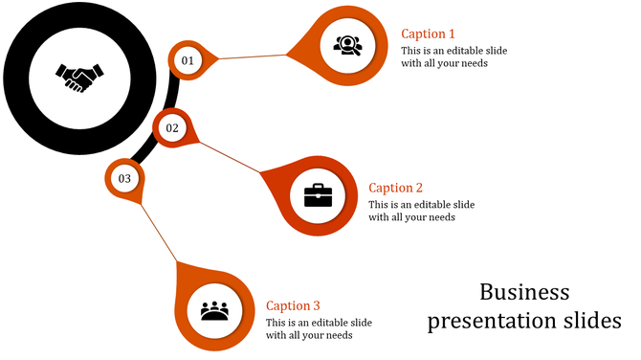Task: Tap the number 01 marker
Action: coord(188,60)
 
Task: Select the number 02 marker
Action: coord(172,127)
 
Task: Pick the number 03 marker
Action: coord(124,178)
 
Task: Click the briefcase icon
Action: coord(318,195)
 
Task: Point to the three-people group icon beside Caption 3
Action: coord(215,310)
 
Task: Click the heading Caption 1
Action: coord(428,34)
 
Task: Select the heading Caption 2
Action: coord(395,188)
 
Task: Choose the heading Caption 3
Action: coord(293,305)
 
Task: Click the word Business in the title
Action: coord(524,292)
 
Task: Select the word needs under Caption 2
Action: coord(441,217)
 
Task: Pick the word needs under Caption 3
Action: coord(339,335)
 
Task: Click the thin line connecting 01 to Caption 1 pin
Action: coord(254,56)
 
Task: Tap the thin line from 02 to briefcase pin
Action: coord(230,158)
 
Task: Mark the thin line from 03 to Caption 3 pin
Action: coord(158,231)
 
